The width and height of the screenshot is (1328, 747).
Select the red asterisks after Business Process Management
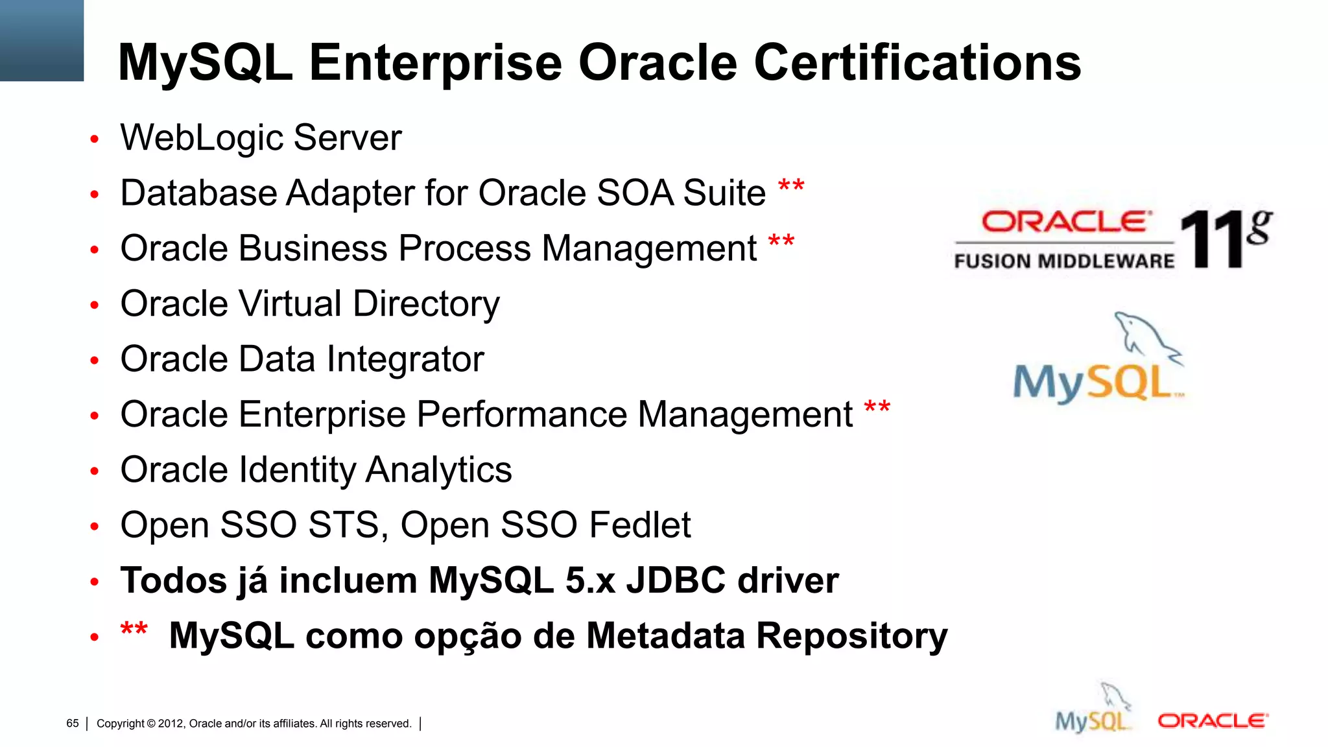[x=781, y=243]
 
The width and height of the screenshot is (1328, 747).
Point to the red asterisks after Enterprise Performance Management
[x=877, y=409]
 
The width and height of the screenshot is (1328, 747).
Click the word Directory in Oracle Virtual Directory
[x=426, y=304]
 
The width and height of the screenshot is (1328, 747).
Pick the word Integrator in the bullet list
[x=405, y=359]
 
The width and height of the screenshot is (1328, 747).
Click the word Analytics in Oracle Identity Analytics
[x=438, y=470]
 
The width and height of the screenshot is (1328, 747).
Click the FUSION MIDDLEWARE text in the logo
[x=1063, y=261]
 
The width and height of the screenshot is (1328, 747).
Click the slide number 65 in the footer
[x=73, y=723]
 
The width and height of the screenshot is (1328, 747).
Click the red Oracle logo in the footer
[x=1212, y=721]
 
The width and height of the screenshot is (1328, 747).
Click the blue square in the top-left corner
[x=41, y=40]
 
